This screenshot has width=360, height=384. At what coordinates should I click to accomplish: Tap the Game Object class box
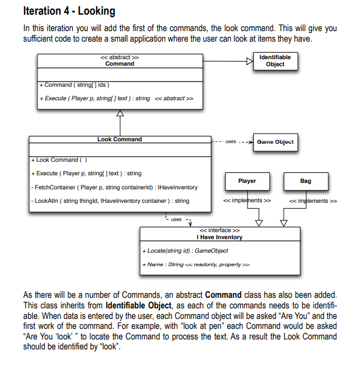[274, 142]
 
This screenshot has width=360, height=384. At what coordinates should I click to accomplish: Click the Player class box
[247, 181]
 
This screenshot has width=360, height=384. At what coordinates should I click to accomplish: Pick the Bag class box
[305, 181]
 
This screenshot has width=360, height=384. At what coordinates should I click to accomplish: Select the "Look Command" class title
[120, 140]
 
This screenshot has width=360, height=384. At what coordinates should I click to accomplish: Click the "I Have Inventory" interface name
[220, 237]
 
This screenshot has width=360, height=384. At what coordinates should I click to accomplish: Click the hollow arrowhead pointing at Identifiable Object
[249, 60]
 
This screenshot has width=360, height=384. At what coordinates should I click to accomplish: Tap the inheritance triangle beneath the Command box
[121, 114]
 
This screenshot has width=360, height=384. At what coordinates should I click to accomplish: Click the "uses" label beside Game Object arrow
[230, 142]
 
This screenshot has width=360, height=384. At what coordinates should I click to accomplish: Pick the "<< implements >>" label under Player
[247, 201]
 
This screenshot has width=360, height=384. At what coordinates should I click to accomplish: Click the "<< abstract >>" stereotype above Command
[120, 57]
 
